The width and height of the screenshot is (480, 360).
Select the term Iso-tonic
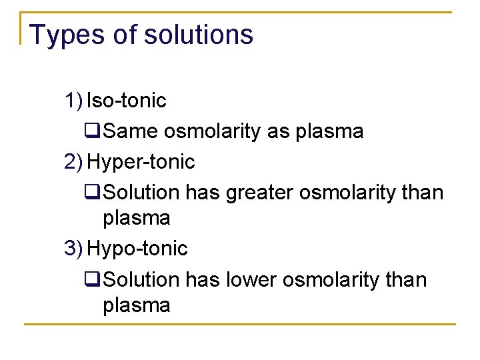[127, 101]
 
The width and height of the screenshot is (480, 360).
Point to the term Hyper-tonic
[141, 161]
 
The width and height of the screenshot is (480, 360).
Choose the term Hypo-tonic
[138, 249]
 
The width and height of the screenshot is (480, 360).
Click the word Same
[131, 131]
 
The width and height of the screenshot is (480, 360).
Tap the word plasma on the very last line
[137, 305]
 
